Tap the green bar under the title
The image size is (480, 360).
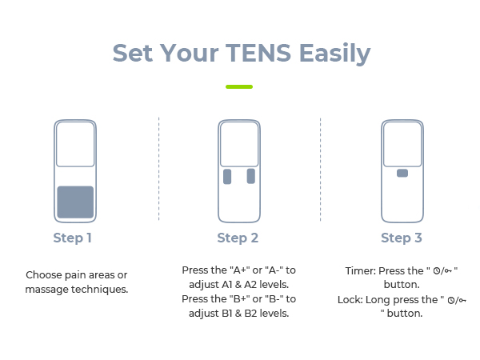pyautogui.click(x=239, y=86)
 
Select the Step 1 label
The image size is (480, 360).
pyautogui.click(x=73, y=238)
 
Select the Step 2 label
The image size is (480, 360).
pyautogui.click(x=238, y=238)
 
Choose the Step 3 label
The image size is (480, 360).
pyautogui.click(x=402, y=238)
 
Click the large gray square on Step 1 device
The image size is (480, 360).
pyautogui.click(x=75, y=202)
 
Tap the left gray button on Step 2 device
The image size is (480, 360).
pyautogui.click(x=228, y=176)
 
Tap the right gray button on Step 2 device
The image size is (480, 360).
pyautogui.click(x=251, y=176)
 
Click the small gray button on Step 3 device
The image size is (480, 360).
pyautogui.click(x=402, y=173)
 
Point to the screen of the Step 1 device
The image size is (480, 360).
pyautogui.click(x=75, y=144)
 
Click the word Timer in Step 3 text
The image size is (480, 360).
pyautogui.click(x=359, y=271)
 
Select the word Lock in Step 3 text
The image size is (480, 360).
pyautogui.click(x=350, y=299)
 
